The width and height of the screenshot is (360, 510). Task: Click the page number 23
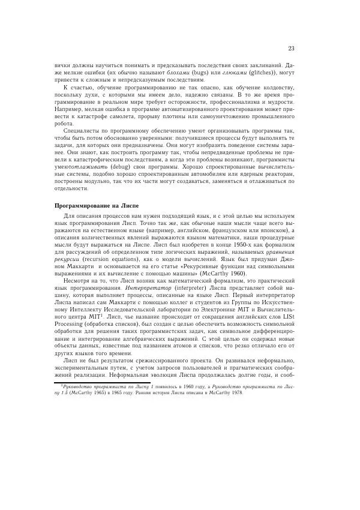[290, 49]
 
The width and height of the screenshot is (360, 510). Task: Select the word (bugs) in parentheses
[181, 73]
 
